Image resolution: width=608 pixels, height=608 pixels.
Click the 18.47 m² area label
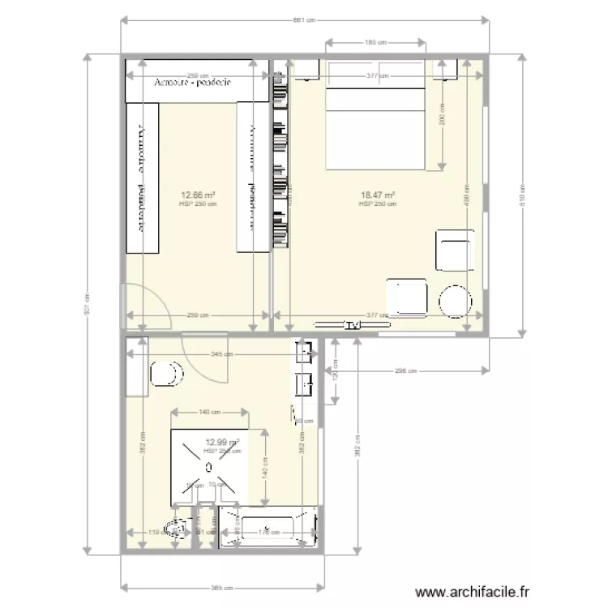377,195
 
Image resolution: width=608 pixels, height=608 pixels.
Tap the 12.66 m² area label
197,195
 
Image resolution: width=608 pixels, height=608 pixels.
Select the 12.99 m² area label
222,443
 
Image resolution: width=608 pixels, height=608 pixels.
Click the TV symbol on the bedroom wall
351,326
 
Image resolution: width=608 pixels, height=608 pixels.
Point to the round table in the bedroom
455,301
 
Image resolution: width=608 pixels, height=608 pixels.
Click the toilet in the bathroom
167,374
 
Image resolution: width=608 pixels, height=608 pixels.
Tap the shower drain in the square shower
208,467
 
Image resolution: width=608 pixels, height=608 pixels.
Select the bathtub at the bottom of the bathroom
267,528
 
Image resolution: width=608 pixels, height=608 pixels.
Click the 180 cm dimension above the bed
375,43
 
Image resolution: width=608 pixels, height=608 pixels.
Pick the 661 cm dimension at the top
304,20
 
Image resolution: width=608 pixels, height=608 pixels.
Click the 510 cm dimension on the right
524,195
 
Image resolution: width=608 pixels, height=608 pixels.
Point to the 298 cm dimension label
406,371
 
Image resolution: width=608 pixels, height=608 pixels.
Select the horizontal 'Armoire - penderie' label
194,83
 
